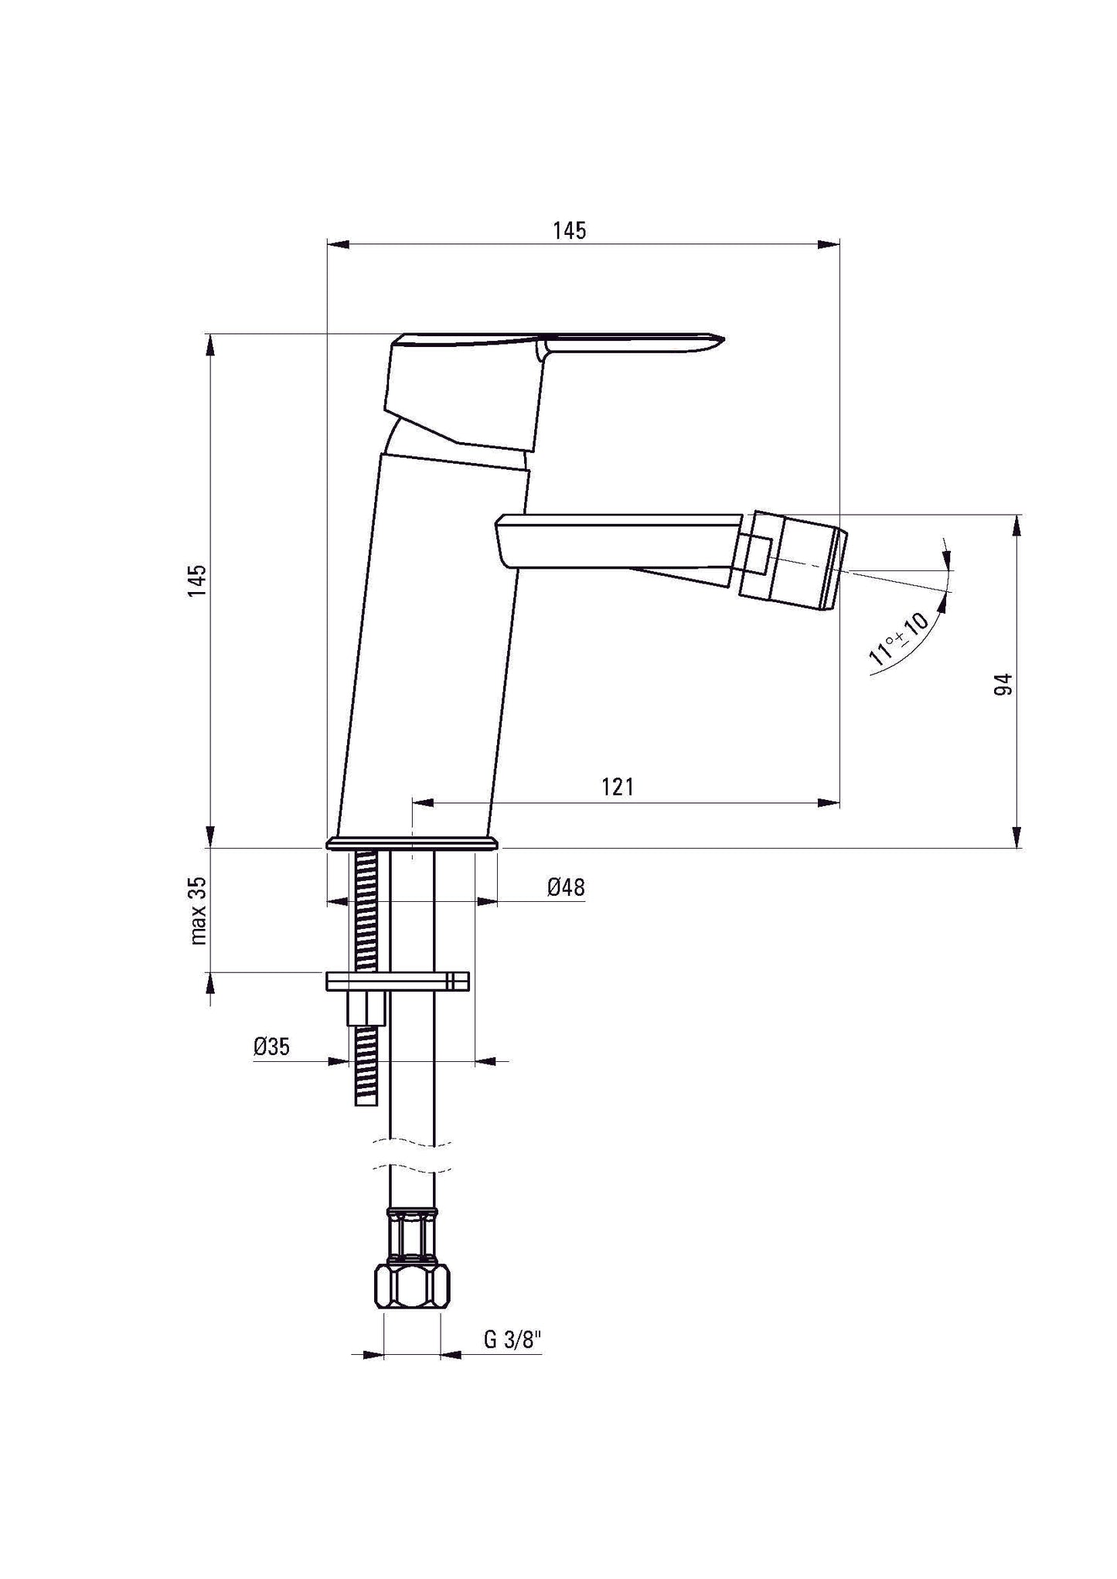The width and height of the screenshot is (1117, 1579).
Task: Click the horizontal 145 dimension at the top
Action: coord(569,231)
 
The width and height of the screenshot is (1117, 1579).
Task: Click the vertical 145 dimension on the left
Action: coord(198,580)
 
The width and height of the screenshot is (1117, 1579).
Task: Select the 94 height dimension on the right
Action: coord(1003,684)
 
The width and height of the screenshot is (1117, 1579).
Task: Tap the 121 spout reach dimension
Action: coord(618,788)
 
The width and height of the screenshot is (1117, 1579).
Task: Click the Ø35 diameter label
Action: coord(271,1047)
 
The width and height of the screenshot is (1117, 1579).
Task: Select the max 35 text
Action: coord(198,910)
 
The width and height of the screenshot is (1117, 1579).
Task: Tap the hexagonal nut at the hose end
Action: coord(412,1288)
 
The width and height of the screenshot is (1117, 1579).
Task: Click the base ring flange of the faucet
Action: coord(412,842)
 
